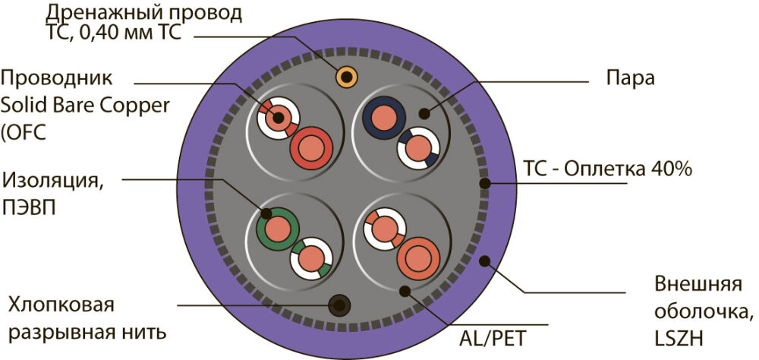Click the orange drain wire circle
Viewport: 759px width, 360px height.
(x=346, y=77)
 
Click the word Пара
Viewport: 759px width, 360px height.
(x=632, y=77)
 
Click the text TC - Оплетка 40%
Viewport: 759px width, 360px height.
(x=606, y=169)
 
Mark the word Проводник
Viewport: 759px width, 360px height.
(x=57, y=78)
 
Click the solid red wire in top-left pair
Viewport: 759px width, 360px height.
(x=309, y=147)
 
